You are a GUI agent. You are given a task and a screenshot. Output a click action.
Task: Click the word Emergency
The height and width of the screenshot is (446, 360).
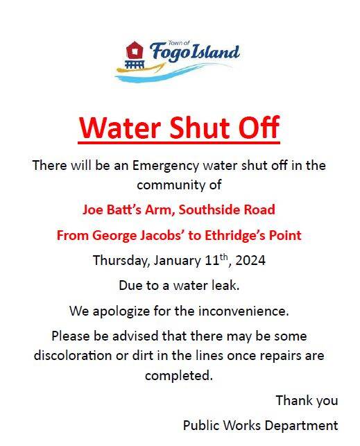click(166, 166)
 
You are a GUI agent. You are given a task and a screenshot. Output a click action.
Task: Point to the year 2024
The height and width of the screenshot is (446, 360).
click(250, 261)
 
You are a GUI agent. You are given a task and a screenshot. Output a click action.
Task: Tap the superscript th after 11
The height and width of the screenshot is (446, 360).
click(224, 257)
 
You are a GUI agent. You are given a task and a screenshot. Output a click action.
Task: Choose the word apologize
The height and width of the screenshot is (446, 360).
click(121, 311)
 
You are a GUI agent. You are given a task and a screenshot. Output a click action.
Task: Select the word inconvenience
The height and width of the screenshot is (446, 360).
click(243, 311)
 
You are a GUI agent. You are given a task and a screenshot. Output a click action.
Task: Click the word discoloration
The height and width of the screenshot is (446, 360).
click(73, 356)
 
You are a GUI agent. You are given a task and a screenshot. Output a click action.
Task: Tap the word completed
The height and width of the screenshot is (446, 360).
click(179, 376)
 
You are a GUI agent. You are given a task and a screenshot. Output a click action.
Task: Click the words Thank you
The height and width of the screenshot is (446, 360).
click(307, 401)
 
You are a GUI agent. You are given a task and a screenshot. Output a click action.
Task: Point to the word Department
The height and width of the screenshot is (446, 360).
click(302, 426)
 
